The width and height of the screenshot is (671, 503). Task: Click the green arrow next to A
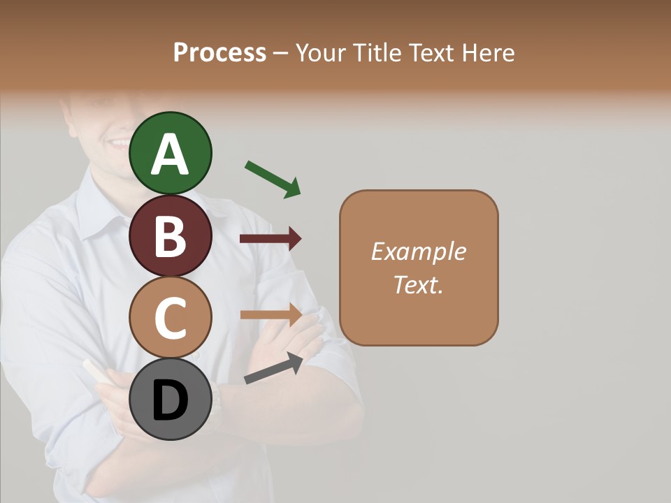point(273,179)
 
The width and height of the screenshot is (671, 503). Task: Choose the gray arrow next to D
point(273,369)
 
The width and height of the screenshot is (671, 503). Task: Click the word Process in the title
point(219,52)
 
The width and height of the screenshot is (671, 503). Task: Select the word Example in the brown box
point(418,251)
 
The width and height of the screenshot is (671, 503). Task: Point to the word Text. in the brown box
point(418,284)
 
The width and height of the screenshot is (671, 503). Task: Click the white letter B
point(171,236)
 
